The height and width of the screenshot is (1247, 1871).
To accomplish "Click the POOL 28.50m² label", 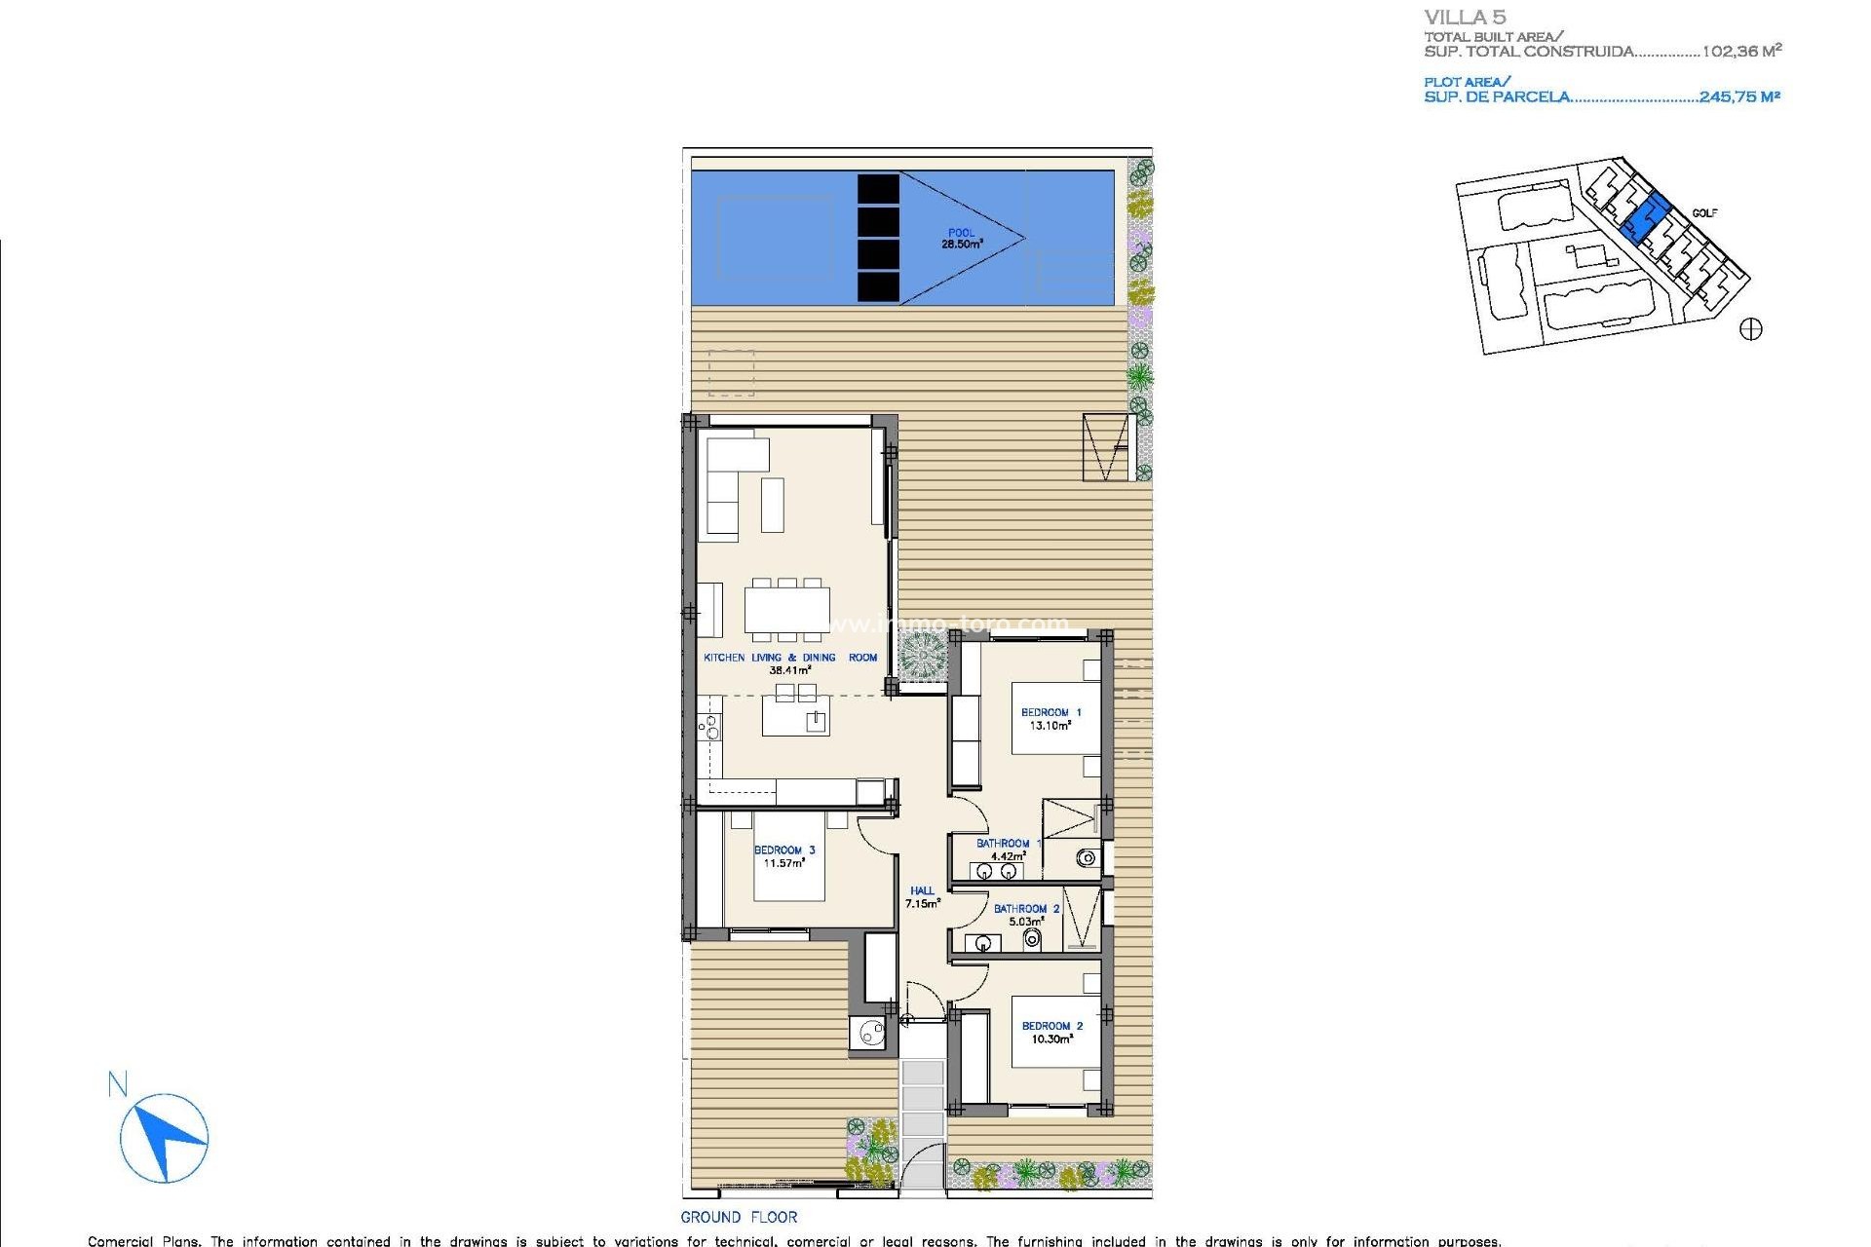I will pos(961,239).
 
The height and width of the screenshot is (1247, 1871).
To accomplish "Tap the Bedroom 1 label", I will pos(1050,719).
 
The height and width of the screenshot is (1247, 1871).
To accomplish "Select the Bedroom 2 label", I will pos(1051,1033).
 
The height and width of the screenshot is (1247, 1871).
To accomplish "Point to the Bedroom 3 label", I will pos(784,856).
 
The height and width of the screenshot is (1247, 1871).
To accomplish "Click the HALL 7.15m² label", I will pos(922,897).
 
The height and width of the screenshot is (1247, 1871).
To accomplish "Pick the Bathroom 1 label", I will pos(1007,850).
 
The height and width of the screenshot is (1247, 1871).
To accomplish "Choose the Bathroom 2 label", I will pos(1026,915).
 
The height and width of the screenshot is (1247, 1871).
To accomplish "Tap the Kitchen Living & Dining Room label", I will pos(790,663).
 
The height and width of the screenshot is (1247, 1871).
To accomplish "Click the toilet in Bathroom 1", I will pos(1086,858).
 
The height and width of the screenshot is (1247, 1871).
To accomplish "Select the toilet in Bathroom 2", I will pos(1032,939).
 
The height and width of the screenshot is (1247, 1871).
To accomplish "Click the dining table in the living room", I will pos(787,610).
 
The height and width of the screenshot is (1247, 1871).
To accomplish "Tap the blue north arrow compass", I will pos(164,1137).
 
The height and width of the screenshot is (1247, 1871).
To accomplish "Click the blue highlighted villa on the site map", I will pos(1644,217).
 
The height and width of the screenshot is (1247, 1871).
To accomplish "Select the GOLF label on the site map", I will pos(1704,213).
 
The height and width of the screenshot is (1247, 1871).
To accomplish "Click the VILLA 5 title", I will pos(1465,17).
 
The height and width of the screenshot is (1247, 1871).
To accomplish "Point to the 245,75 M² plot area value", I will pos(1739,96).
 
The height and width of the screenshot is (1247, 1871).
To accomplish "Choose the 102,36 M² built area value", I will pos(1741,51).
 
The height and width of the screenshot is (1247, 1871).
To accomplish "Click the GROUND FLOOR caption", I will pos(739,1217).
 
